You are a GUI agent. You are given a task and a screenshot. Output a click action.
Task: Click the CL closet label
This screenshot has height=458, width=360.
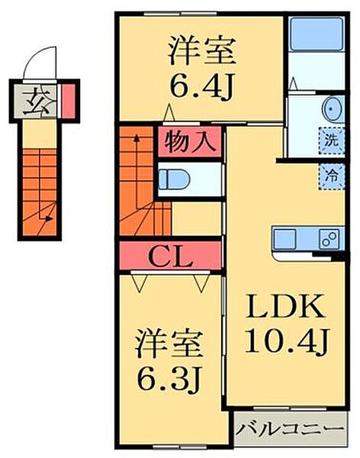(169, 256)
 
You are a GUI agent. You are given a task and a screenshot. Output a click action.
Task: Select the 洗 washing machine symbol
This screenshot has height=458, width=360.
(331, 140)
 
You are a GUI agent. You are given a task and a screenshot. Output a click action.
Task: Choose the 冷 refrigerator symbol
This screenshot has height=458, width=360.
(331, 173)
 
